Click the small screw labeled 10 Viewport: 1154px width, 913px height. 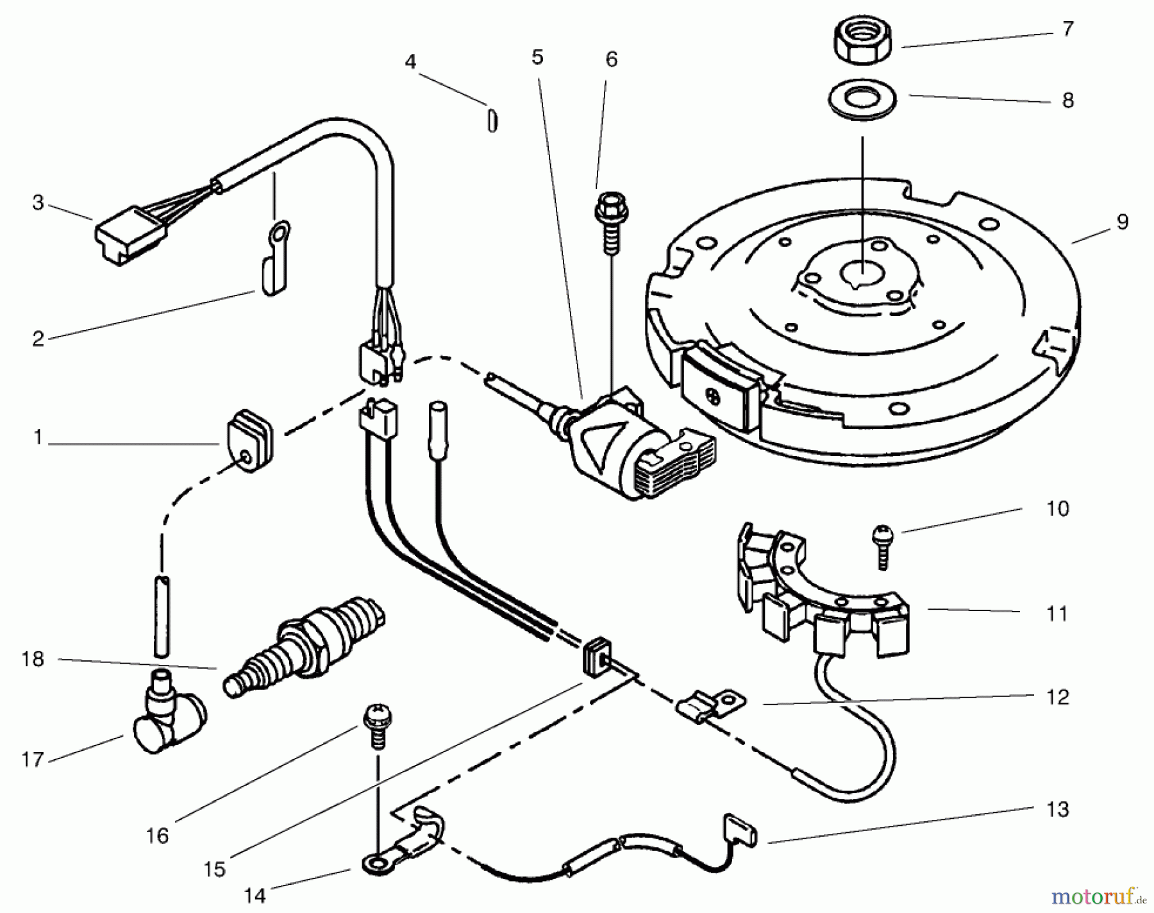(883, 545)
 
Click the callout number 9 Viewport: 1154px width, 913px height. (1121, 222)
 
